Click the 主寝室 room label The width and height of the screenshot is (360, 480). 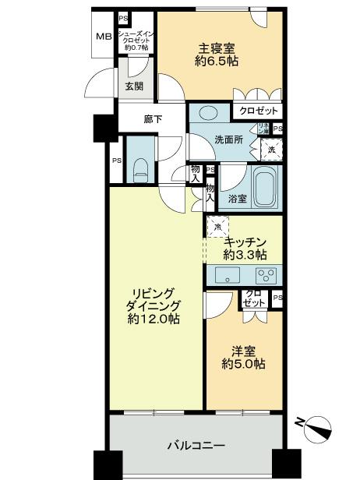pyautogui.click(x=217, y=47)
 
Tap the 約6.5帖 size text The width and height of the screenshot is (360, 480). pyautogui.click(x=217, y=62)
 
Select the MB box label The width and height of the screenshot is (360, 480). pyautogui.click(x=103, y=37)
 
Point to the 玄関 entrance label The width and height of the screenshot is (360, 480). pyautogui.click(x=135, y=86)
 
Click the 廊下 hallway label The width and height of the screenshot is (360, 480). pyautogui.click(x=153, y=119)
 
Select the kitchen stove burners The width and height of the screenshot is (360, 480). pyautogui.click(x=266, y=274)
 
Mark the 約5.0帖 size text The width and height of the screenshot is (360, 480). pyautogui.click(x=244, y=364)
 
